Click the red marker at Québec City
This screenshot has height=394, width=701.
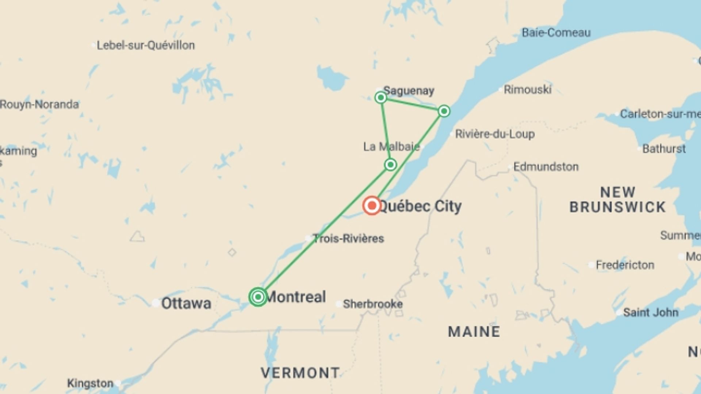click(x=372, y=205)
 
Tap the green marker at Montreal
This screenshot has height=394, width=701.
click(x=258, y=297)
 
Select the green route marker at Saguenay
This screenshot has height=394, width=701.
click(x=381, y=97)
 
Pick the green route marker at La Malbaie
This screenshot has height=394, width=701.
click(x=390, y=165)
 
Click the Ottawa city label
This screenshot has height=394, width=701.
click(x=186, y=303)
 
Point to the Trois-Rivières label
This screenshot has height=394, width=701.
click(x=348, y=239)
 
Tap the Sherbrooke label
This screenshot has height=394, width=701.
click(x=372, y=304)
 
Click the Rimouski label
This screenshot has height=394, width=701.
click(x=527, y=89)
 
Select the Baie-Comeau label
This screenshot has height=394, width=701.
click(x=556, y=33)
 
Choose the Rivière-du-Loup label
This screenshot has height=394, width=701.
click(x=495, y=134)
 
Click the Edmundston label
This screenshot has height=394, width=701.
click(x=546, y=167)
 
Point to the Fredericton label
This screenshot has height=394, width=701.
click(x=625, y=265)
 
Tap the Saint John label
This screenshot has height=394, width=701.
click(x=650, y=312)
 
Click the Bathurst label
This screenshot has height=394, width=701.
click(x=664, y=149)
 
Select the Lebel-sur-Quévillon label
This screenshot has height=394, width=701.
click(x=145, y=45)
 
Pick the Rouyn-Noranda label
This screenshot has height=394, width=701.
click(x=39, y=104)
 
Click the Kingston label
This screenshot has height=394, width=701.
click(x=90, y=383)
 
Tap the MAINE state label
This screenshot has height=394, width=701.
click(x=474, y=332)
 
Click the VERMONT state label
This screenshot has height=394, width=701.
click(x=300, y=373)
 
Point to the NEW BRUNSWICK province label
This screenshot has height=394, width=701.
click(x=617, y=200)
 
